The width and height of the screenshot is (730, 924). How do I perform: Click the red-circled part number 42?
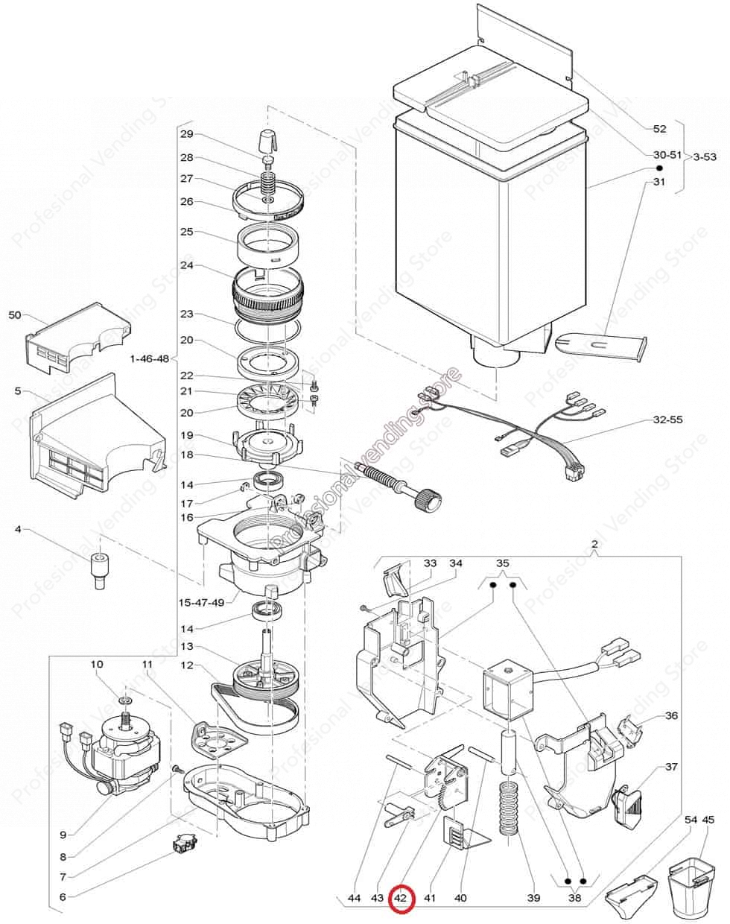(x=400, y=898)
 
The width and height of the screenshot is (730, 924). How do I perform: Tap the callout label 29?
(x=187, y=134)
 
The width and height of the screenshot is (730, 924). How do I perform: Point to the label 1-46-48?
(x=150, y=358)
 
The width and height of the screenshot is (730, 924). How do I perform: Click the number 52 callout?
(x=660, y=128)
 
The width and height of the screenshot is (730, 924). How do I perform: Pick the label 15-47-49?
(x=201, y=602)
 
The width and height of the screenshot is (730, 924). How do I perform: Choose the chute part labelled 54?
(x=631, y=891)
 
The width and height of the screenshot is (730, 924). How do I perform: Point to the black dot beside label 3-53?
(x=660, y=168)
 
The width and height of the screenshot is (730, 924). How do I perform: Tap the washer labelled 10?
(x=125, y=700)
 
